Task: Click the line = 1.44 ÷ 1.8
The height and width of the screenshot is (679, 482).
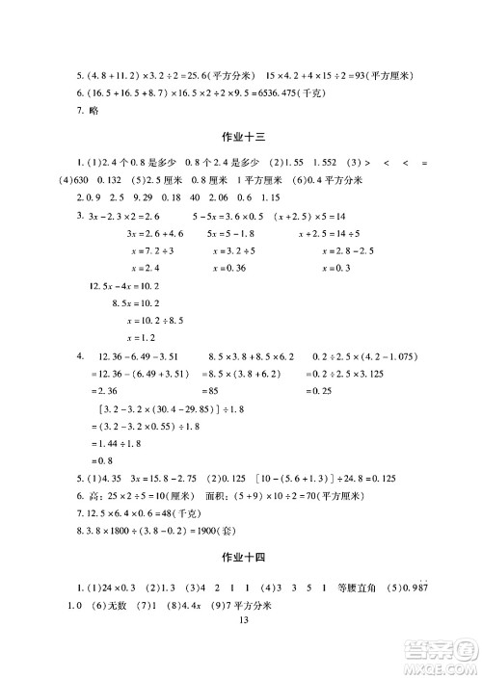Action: pyautogui.click(x=119, y=442)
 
